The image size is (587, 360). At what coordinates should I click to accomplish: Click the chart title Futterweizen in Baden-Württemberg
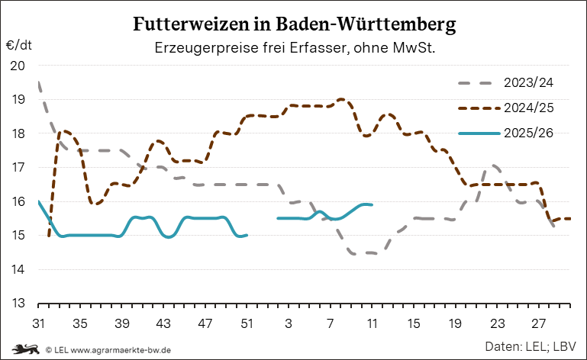[x=295, y=24]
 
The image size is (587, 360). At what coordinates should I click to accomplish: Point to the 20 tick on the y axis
[x=17, y=66]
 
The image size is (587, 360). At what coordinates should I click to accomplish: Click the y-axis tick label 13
[x=17, y=304]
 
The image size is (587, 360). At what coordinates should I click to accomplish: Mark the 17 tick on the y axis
[x=17, y=167]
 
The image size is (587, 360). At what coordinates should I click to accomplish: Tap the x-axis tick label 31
[x=38, y=323]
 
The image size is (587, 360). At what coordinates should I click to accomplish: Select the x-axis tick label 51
[x=247, y=323]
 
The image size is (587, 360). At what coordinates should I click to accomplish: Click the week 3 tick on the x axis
[x=289, y=323]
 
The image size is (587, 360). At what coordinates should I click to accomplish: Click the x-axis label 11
[x=372, y=323]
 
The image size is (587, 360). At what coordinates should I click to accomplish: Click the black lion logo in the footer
[x=21, y=349]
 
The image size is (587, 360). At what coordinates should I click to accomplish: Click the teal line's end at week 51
[x=247, y=235]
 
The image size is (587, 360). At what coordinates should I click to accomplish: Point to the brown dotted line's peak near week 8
[x=341, y=99]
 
